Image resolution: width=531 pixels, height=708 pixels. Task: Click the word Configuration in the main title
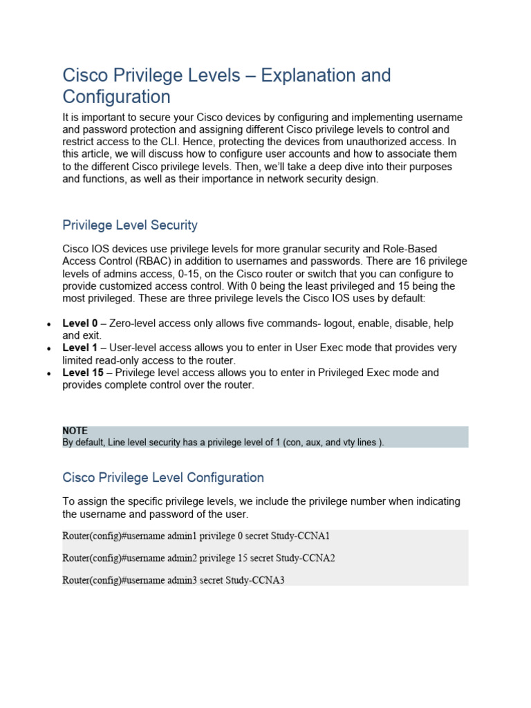[116, 96]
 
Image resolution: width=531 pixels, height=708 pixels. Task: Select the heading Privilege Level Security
[130, 225]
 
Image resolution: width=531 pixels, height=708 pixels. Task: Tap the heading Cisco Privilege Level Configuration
[163, 477]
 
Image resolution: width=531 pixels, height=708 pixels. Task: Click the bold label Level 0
[80, 324]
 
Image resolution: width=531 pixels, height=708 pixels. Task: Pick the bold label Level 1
[80, 348]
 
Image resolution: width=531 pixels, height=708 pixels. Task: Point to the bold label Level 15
[83, 373]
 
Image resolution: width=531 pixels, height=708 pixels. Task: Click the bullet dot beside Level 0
[48, 324]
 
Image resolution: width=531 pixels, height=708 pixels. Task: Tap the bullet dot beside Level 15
[48, 373]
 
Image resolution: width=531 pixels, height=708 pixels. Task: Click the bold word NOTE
[75, 431]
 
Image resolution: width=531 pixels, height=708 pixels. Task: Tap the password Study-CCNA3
[255, 580]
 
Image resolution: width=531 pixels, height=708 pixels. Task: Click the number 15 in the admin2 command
[239, 558]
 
